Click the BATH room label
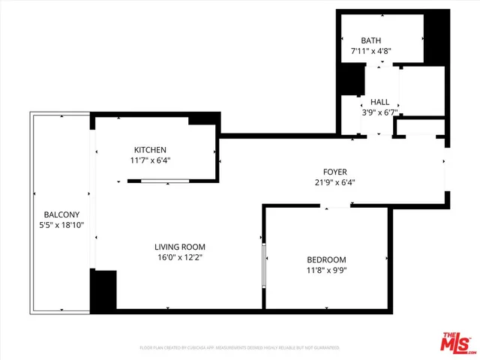[371, 40]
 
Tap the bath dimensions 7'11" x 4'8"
[371, 52]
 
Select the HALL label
[380, 102]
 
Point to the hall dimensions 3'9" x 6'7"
[380, 113]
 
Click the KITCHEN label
[150, 149]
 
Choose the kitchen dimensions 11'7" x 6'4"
[150, 160]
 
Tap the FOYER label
[334, 171]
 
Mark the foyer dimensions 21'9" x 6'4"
[334, 182]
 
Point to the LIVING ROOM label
[180, 247]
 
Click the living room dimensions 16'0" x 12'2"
[180, 258]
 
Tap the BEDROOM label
[326, 259]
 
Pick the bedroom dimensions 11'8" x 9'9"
[326, 271]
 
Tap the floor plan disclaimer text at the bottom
[240, 348]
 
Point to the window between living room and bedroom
[264, 264]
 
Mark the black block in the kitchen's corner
[202, 120]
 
